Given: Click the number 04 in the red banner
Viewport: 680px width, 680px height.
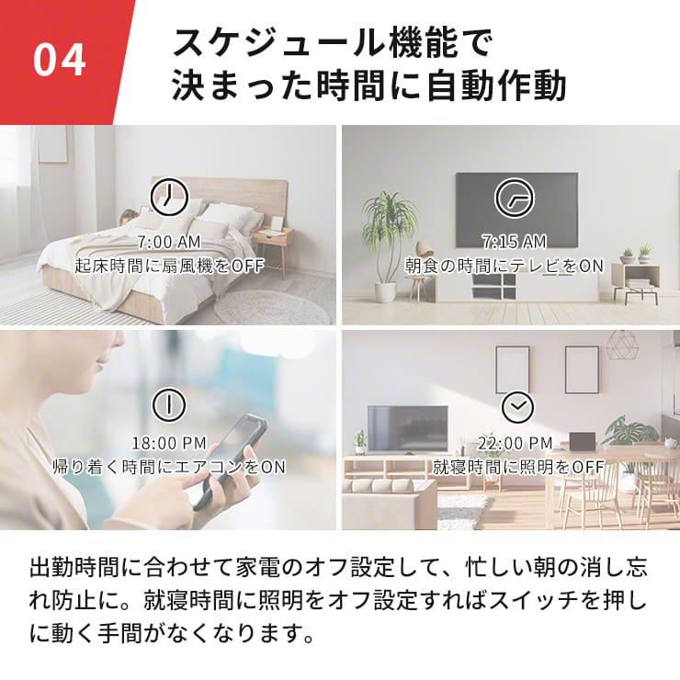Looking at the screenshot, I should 60,60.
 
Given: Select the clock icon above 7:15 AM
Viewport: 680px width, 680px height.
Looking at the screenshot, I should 513,196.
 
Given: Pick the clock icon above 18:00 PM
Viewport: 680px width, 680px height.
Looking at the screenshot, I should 168,403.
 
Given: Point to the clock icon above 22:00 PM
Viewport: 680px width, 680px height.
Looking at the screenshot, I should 516,405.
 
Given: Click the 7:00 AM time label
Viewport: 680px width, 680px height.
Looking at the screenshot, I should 168,243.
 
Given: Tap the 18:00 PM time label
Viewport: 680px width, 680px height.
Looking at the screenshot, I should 168,443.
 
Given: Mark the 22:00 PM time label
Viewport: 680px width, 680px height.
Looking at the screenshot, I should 516,443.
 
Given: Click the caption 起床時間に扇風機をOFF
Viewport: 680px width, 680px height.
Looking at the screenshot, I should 169,266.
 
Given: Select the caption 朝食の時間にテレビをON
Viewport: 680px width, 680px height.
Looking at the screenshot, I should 504,266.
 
